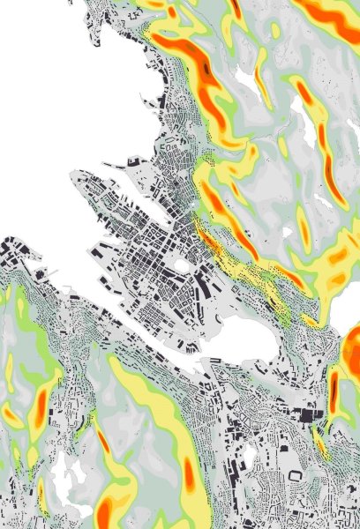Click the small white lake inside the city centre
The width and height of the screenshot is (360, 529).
(x=183, y=264)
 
